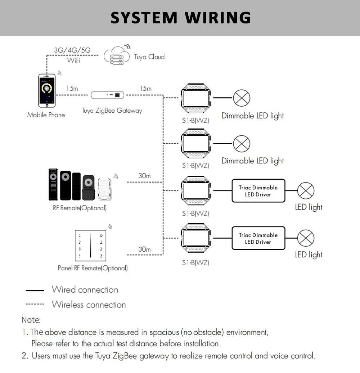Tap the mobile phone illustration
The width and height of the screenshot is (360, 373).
point(47,91)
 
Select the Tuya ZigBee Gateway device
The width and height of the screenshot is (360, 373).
point(107,95)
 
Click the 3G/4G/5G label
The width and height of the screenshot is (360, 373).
point(72,50)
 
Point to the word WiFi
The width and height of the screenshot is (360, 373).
point(73,60)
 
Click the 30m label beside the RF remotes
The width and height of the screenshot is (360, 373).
point(144,176)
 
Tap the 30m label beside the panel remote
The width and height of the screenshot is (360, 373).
point(144,249)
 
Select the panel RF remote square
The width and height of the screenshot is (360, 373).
point(90,245)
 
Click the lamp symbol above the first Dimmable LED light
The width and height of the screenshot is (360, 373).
point(241,98)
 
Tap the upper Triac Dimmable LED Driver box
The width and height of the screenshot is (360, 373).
point(258,191)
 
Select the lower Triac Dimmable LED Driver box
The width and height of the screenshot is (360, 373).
point(258,238)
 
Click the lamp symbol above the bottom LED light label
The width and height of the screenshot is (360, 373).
point(306,238)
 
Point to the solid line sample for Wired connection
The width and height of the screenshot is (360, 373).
point(35,290)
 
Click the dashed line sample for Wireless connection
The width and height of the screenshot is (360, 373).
point(35,305)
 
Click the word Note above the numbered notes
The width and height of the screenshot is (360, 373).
point(31,320)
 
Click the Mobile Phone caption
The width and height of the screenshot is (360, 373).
point(46,115)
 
